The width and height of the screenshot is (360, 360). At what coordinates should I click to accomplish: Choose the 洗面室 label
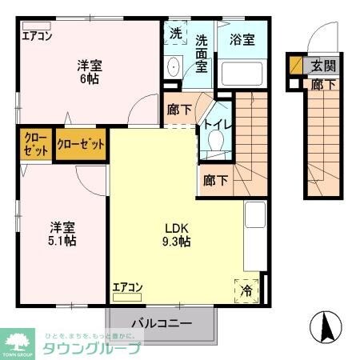(202, 53)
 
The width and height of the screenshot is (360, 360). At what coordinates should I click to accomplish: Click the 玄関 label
(323, 66)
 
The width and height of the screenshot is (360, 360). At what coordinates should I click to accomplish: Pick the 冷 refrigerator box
(248, 290)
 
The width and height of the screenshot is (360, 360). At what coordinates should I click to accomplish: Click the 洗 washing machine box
(176, 34)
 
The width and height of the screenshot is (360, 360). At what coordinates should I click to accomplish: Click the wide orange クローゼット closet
(81, 145)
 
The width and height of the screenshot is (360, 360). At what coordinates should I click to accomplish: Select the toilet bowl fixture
(214, 142)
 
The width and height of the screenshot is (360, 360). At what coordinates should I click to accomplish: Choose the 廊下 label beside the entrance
(322, 82)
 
